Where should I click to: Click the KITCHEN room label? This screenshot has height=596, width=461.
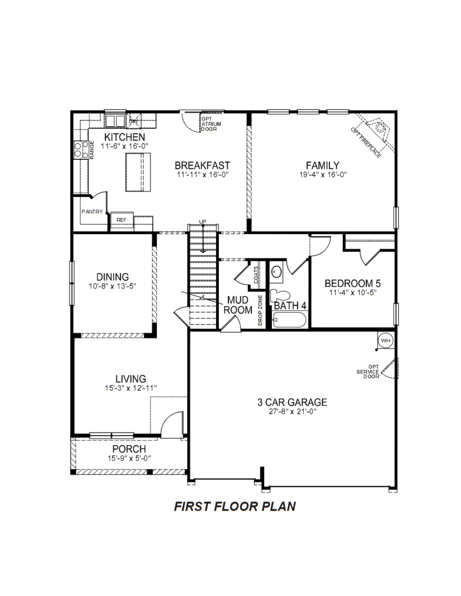pos(124,137)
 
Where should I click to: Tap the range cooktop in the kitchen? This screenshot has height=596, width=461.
pos(81,150)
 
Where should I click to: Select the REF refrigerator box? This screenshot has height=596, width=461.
pos(122,220)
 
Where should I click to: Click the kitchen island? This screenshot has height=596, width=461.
pos(138,172)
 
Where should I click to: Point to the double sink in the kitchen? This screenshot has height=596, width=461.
pos(115,121)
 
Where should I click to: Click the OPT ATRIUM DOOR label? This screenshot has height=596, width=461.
pos(211,124)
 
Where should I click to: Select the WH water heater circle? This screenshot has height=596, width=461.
pos(386,340)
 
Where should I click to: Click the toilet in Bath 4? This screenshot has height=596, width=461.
pos(280,296)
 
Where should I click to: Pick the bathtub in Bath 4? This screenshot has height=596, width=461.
pos(290,320)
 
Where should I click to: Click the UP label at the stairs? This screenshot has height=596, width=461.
pos(203,222)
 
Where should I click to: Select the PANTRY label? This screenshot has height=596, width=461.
pos(92,212)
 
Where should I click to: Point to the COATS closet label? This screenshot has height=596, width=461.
pos(256,275)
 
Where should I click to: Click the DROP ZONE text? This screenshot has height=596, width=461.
pos(260,310)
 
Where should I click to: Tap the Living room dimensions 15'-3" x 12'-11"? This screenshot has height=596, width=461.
pos(131,388)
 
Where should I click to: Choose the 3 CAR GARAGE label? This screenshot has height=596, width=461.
pos(292,402)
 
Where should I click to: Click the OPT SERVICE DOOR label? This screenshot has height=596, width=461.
pos(368,372)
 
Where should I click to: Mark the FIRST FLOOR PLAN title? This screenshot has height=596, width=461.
pos(235,506)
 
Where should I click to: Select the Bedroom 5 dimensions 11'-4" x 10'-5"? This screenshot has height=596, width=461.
pos(353,293)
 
